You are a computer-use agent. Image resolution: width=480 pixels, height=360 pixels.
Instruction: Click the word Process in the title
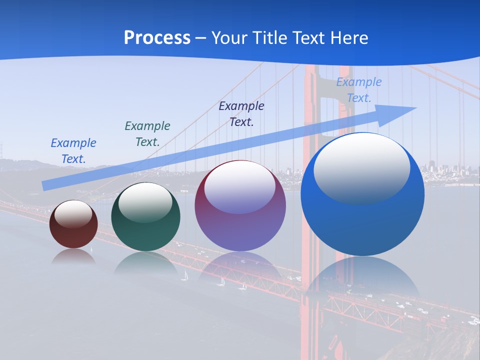(157, 38)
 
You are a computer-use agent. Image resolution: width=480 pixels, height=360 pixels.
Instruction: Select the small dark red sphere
(73, 224)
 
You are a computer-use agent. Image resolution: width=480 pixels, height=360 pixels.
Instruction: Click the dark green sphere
(145, 217)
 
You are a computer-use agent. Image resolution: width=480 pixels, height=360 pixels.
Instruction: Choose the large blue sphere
(362, 195)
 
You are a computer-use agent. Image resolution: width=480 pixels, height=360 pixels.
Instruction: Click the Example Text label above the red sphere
(73, 151)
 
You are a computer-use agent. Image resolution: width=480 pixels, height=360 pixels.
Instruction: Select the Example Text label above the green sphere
(147, 134)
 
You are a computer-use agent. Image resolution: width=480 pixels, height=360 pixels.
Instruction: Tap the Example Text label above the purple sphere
(241, 114)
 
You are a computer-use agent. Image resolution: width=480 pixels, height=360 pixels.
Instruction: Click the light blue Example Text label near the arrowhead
(359, 90)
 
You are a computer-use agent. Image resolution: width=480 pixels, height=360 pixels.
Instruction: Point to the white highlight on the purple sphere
(240, 186)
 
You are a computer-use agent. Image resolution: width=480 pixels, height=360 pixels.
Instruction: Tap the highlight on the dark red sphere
(73, 214)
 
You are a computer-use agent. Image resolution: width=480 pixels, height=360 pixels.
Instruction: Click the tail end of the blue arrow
(45, 186)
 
